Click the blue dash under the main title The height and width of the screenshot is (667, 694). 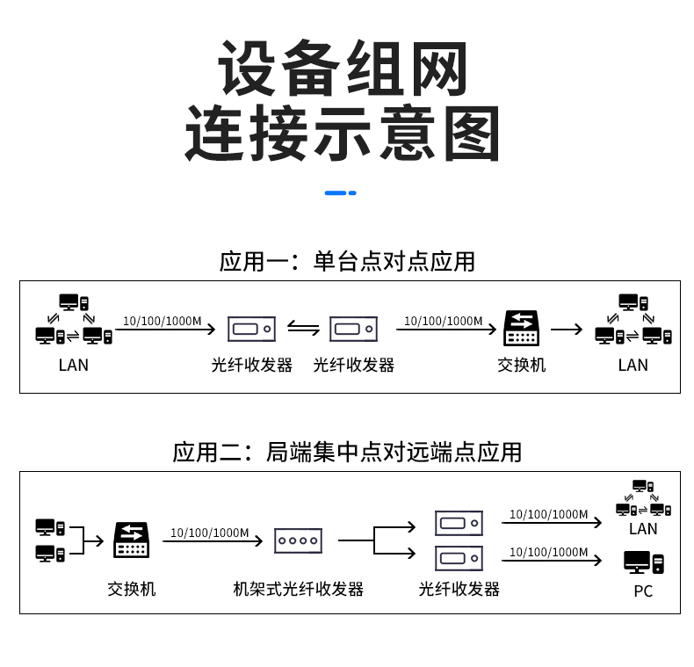coord(340,192)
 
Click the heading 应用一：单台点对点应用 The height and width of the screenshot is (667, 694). coord(347,261)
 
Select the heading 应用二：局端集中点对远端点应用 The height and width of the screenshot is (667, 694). coord(347,452)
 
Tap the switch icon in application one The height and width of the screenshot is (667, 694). coord(522,329)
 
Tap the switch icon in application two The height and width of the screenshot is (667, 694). coord(132,540)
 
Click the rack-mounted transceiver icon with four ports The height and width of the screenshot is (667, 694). coord(300,540)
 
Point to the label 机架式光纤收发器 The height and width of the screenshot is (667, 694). coord(299,589)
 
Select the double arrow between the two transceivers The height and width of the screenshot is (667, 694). coord(303,329)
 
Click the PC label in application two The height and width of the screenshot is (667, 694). coord(643,591)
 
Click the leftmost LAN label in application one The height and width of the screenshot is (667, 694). coord(74,365)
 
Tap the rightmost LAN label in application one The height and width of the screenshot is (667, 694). coord(633,365)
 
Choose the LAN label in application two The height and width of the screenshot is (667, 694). coord(643,528)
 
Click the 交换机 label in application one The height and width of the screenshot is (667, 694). coord(522,365)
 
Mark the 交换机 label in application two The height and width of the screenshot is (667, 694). coord(132,589)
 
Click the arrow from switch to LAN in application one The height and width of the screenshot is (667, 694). coord(567,330)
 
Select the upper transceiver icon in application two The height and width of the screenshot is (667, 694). coord(459,524)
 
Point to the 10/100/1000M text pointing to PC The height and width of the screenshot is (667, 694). coord(548,552)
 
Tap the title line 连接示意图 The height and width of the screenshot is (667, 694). coord(342,134)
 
